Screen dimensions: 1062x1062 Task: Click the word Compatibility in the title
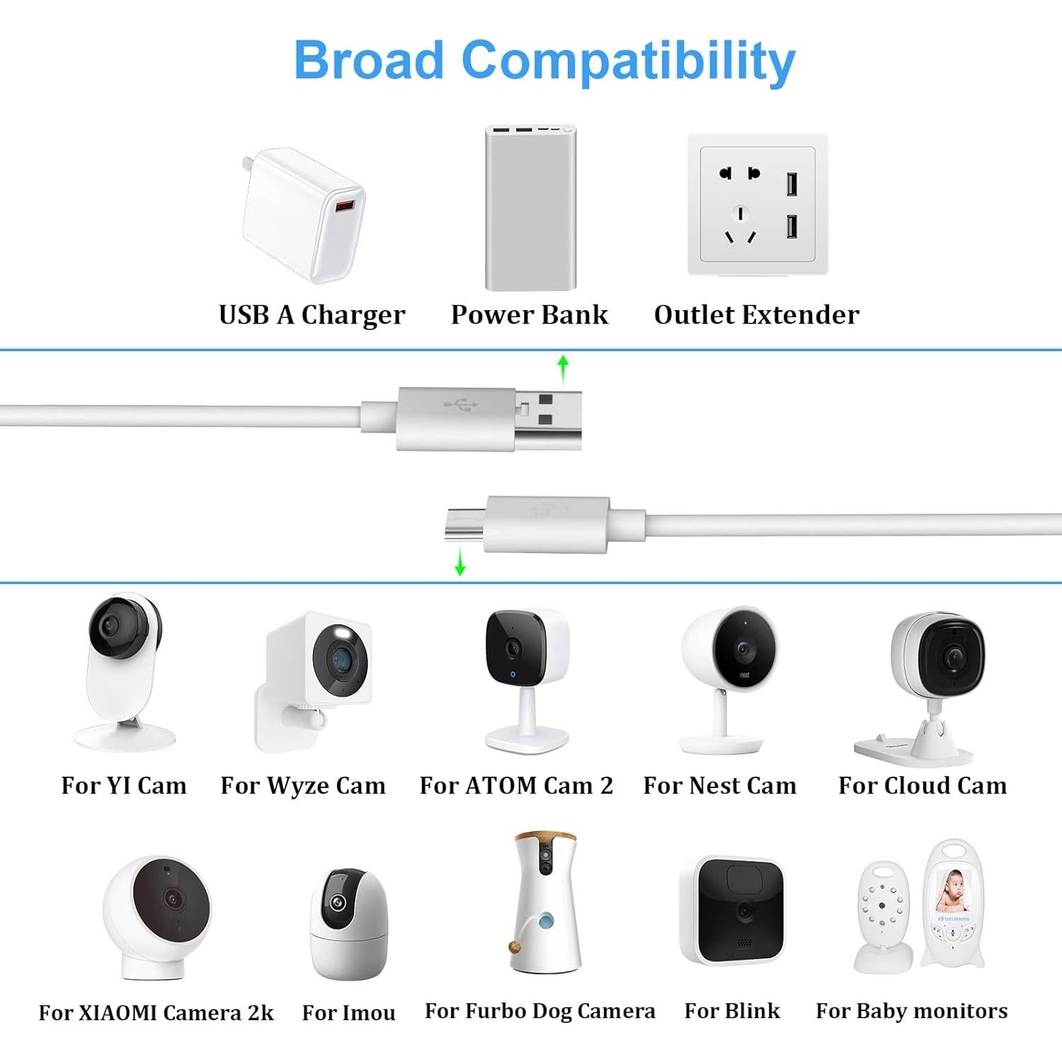click(x=628, y=62)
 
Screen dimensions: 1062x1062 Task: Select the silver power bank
click(x=530, y=209)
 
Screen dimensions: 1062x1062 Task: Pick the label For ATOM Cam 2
click(x=516, y=786)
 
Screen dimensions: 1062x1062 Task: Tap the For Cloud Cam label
click(x=922, y=786)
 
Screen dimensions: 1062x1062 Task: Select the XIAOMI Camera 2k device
click(x=157, y=913)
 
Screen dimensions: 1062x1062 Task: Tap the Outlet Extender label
click(x=756, y=315)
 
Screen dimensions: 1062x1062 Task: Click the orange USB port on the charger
click(x=343, y=206)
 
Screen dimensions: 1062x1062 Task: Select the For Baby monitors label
click(x=911, y=1011)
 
